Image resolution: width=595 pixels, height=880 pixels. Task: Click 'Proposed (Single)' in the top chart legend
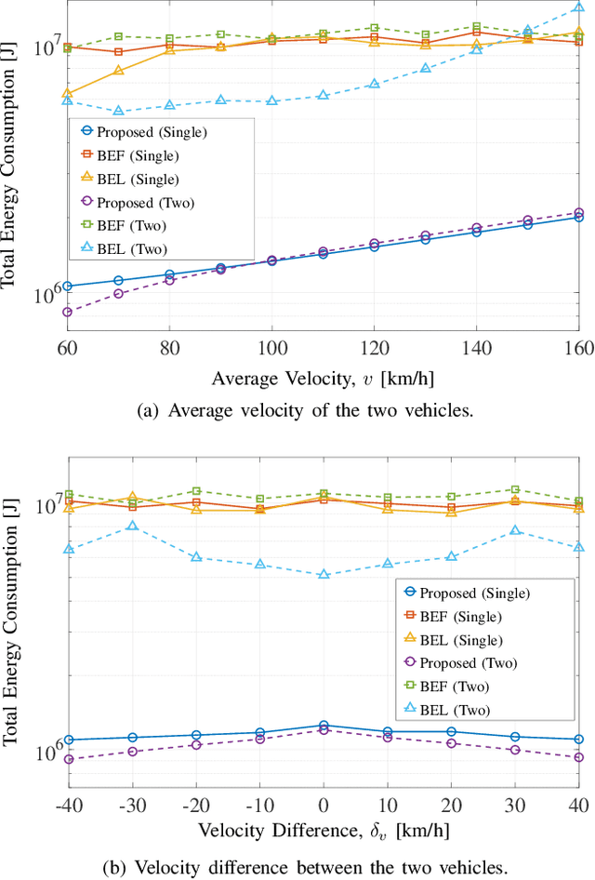155,132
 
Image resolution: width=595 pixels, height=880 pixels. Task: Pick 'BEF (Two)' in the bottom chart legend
454,687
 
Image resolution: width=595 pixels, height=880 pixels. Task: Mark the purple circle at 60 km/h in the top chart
68,312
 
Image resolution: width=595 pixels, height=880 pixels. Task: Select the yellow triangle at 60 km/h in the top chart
68,93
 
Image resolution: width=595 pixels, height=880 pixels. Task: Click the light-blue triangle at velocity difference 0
324,574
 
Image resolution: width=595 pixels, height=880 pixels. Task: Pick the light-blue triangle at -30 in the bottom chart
132,526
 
